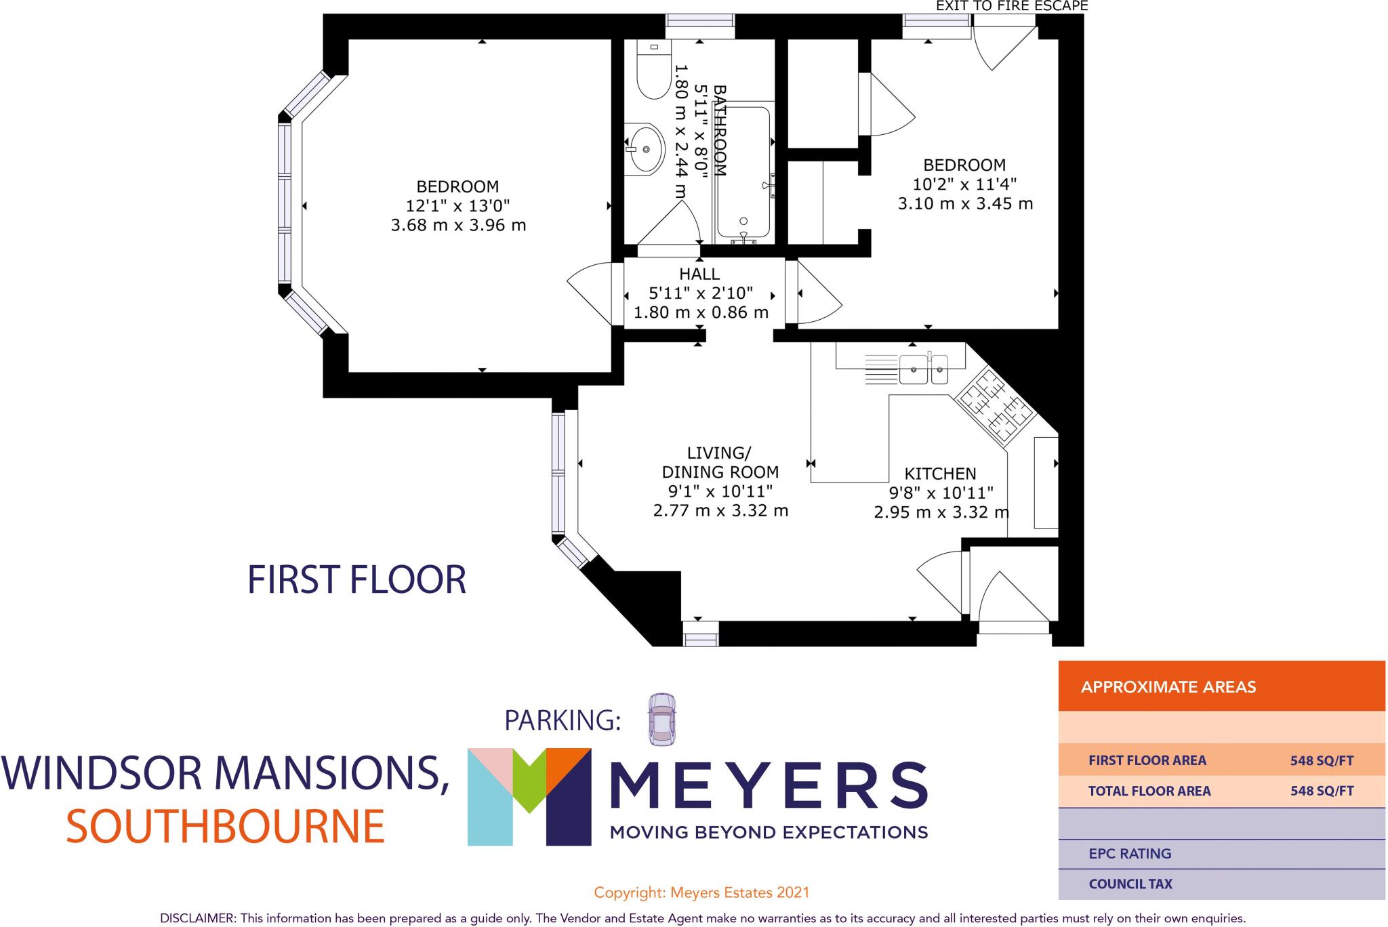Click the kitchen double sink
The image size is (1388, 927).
pos(923,369)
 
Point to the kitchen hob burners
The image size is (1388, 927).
pos(994,407)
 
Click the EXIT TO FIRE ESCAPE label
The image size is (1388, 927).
pos(1011,6)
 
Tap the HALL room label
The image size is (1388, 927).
pos(699,274)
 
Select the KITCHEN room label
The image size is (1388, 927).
pos(940,474)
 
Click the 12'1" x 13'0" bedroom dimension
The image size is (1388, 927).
pos(457,205)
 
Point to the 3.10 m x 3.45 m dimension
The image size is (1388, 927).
pos(964,203)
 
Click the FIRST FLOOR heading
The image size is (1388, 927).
pos(356,580)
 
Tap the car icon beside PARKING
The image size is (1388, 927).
pos(661,720)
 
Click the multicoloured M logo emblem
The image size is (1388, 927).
pos(529,796)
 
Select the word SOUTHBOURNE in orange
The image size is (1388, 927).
pos(225,827)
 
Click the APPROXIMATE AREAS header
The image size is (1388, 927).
pos(1168,687)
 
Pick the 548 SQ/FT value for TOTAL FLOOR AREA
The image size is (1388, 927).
pos(1322,791)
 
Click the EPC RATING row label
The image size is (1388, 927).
pos(1130,854)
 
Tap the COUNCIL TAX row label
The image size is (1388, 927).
pos(1130,884)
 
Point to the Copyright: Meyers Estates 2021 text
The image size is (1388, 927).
pos(701,892)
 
